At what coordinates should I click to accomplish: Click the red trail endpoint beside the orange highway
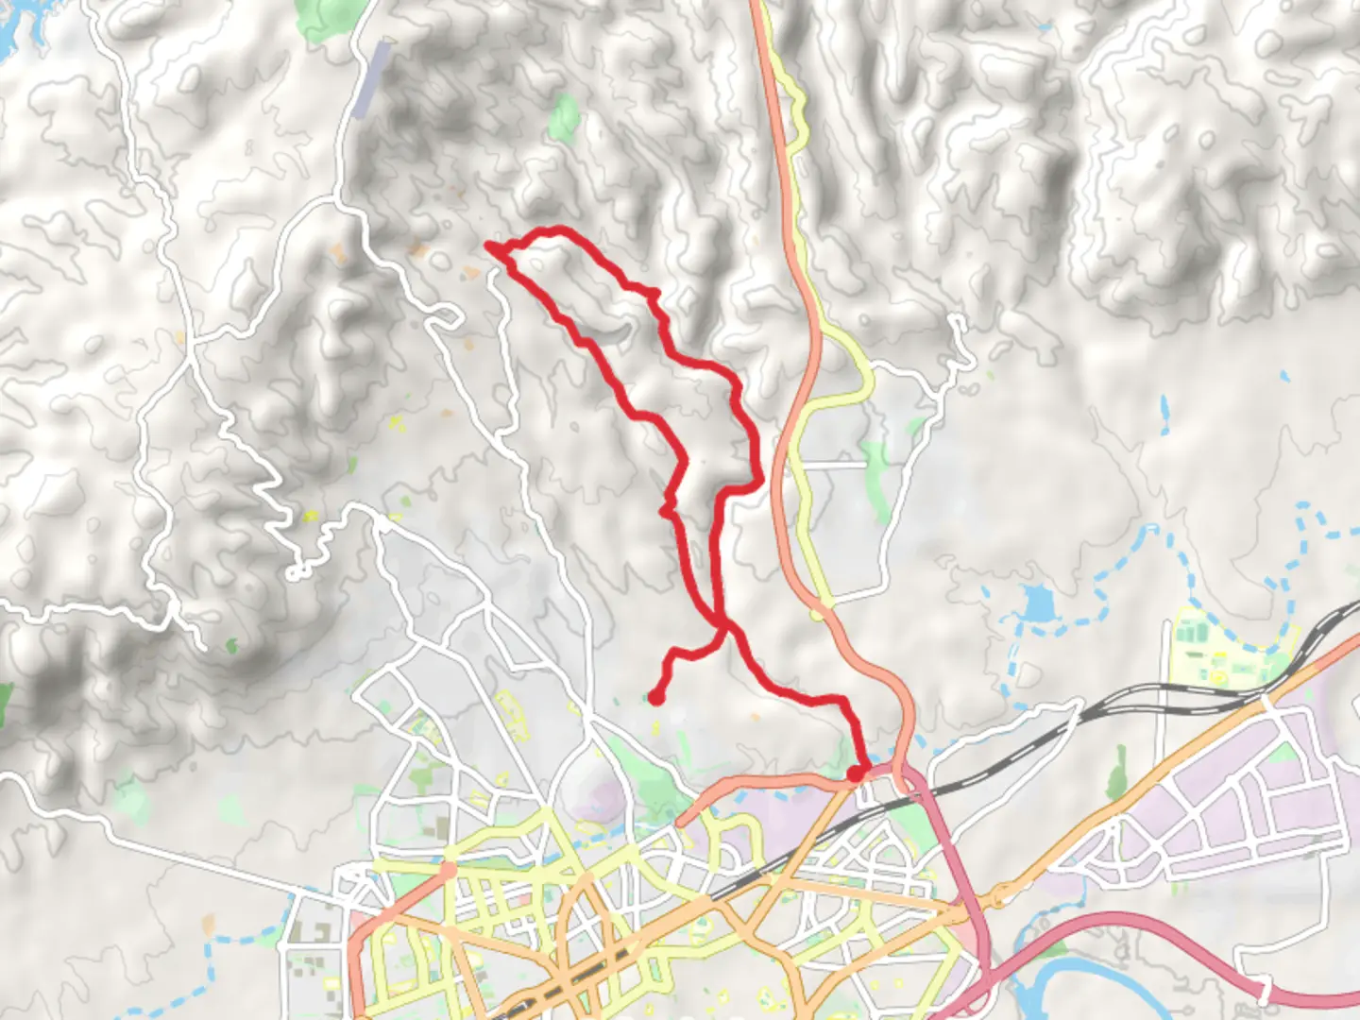pyautogui.click(x=855, y=773)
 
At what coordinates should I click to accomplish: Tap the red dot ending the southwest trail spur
pyautogui.click(x=654, y=698)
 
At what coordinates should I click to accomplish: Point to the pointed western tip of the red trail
pyautogui.click(x=489, y=246)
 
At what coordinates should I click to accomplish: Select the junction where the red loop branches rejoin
pyautogui.click(x=723, y=626)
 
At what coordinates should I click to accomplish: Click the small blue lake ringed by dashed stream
pyautogui.click(x=1036, y=603)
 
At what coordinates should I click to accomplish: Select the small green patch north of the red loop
pyautogui.click(x=565, y=115)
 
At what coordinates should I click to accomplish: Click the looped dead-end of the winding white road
pyautogui.click(x=296, y=572)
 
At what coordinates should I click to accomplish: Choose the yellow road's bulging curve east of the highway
pyautogui.click(x=861, y=378)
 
